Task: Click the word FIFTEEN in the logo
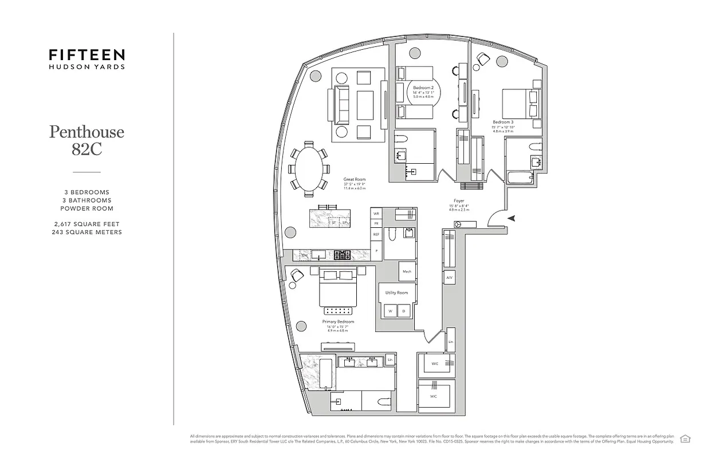click(x=86, y=55)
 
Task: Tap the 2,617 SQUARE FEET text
click(x=86, y=224)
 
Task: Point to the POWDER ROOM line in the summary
click(x=86, y=208)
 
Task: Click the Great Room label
click(x=354, y=179)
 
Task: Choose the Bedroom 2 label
click(x=423, y=87)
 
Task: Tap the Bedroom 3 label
click(x=503, y=122)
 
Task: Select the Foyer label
click(x=459, y=202)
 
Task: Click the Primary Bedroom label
click(x=338, y=322)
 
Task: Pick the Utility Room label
click(x=396, y=293)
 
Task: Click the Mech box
click(x=407, y=271)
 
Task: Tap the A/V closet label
click(x=450, y=278)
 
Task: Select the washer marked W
click(x=390, y=311)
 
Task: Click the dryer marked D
click(x=404, y=311)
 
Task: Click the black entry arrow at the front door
click(x=512, y=218)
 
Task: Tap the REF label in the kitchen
click(x=376, y=234)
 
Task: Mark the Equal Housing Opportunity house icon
click(x=685, y=439)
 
